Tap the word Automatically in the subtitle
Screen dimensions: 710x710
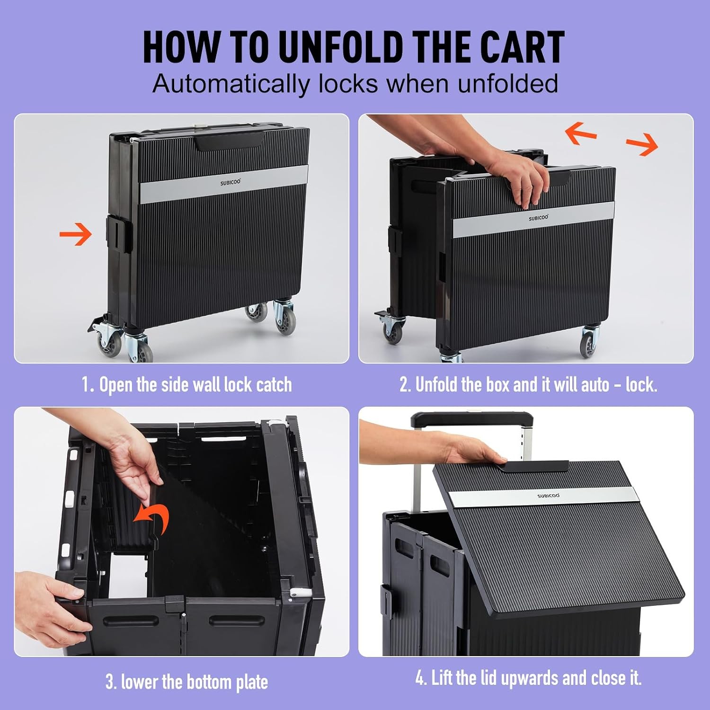coord(231,84)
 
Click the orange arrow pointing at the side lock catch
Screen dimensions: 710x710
coord(76,234)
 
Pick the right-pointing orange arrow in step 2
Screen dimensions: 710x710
coord(642,144)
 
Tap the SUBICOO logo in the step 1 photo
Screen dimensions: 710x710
coord(230,182)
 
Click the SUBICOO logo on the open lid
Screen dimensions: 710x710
coord(549,496)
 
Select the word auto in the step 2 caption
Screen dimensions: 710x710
coord(595,385)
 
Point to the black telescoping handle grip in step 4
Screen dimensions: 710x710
coord(472,419)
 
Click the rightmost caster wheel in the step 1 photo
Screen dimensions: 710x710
coord(284,318)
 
